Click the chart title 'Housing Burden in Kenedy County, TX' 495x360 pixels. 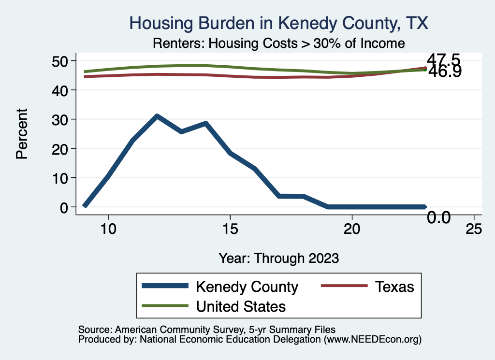coord(279,23)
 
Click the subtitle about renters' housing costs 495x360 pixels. coord(278,43)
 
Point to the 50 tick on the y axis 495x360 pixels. coord(61,61)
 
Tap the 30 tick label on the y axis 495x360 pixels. coord(61,119)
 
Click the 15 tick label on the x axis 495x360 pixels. coord(230,229)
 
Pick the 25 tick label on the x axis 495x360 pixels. coord(474,229)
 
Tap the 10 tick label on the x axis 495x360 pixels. coord(108,229)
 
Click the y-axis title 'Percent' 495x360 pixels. coord(21,134)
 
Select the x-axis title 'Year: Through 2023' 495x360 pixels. coord(278,258)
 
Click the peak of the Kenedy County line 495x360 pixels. coord(157,116)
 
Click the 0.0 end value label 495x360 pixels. coord(438,218)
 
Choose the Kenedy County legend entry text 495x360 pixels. coord(247,287)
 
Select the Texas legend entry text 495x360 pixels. coord(394,287)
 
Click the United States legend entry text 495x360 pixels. coord(241,306)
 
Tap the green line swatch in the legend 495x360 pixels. coord(164,306)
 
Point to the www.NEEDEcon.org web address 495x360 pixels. coord(372,340)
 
